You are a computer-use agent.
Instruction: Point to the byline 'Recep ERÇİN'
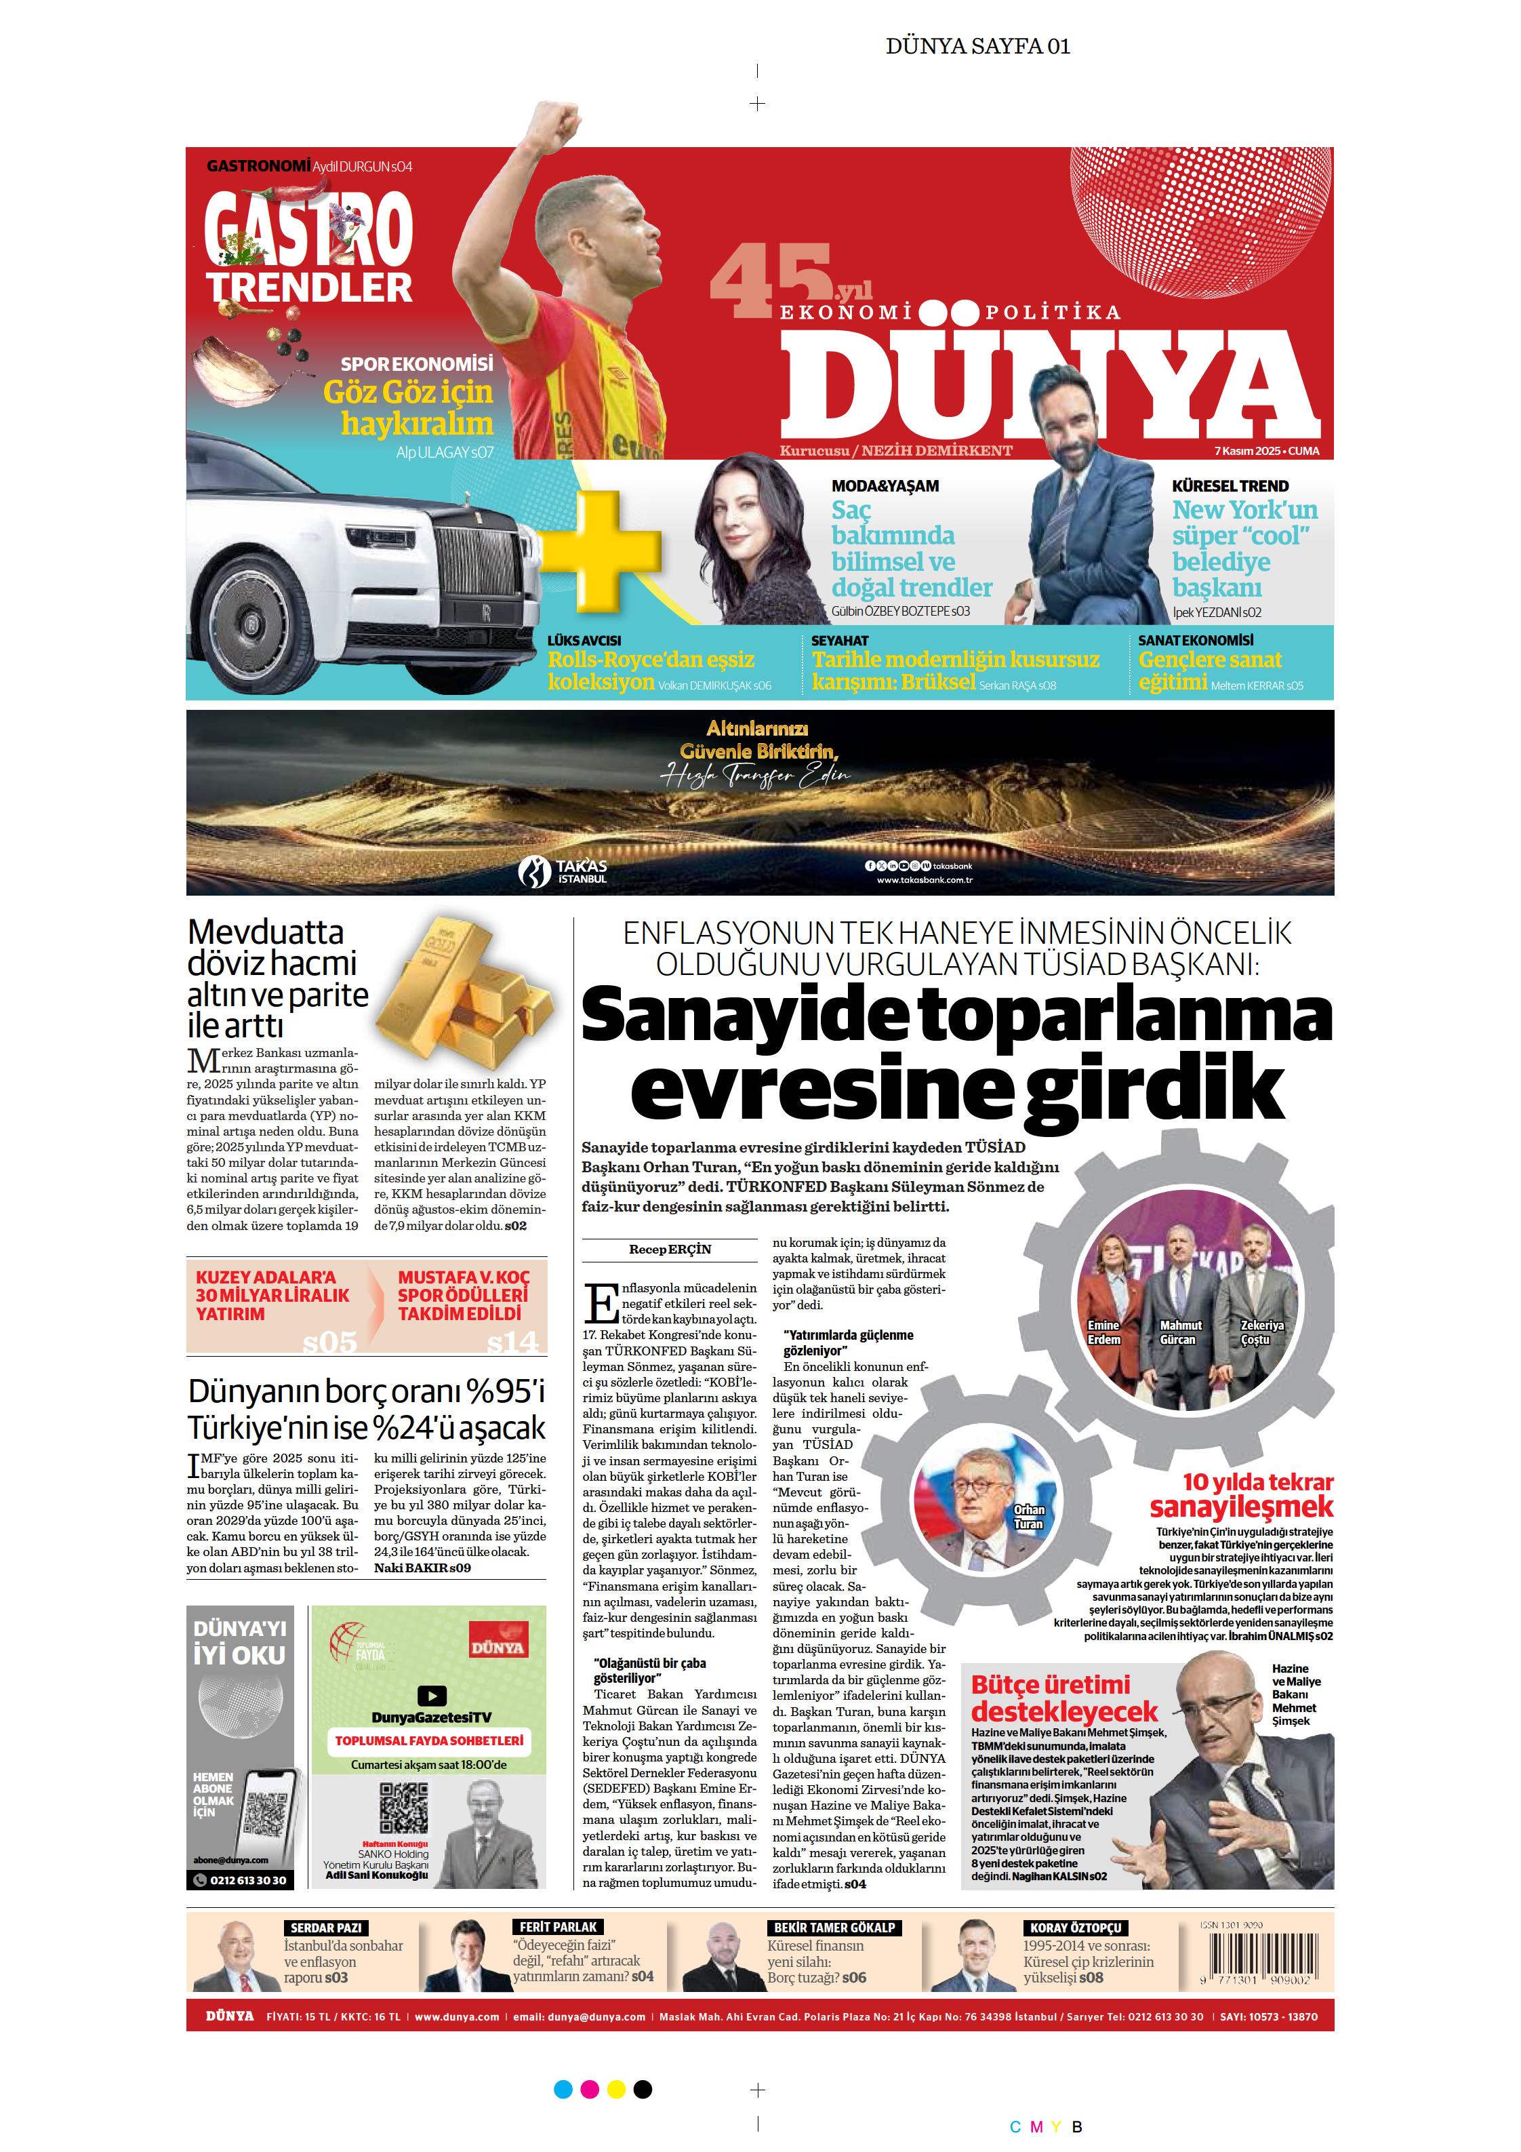click(x=669, y=1250)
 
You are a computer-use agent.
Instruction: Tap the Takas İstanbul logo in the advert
click(x=563, y=871)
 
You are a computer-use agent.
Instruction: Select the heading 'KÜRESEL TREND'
click(x=1230, y=485)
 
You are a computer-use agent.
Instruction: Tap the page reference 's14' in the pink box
click(x=512, y=1342)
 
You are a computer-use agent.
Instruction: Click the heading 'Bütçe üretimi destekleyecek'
click(x=1063, y=1698)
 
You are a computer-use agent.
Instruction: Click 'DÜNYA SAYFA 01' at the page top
click(x=977, y=46)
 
